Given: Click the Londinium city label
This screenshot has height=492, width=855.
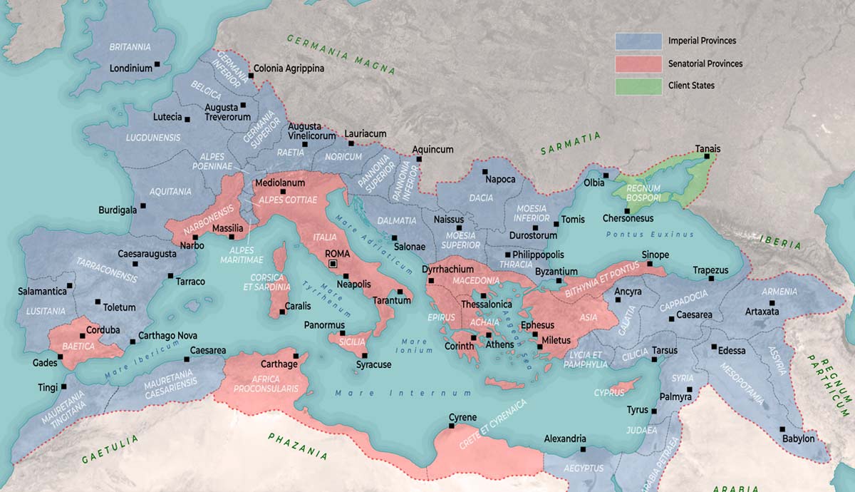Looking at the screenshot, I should click(131, 68).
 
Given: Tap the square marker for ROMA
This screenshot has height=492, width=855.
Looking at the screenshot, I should click(333, 264).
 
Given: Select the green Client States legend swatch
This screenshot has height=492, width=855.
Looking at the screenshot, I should click(637, 86).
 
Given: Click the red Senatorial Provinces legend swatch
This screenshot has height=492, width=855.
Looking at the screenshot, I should click(637, 63).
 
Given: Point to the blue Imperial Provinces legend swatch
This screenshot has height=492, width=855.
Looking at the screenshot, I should click(637, 41).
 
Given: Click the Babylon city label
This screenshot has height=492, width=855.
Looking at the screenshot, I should click(798, 439).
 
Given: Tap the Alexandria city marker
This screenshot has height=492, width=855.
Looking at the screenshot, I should click(583, 449).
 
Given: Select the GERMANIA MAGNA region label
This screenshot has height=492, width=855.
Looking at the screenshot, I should click(341, 53).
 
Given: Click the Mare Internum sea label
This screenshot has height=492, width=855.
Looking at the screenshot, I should click(403, 393).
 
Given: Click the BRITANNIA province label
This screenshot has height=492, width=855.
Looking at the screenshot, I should click(130, 47).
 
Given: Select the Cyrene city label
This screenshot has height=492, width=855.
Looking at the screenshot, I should click(462, 418).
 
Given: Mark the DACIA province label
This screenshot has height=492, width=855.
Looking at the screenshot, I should click(481, 197).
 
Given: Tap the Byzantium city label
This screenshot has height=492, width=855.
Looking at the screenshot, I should click(556, 272).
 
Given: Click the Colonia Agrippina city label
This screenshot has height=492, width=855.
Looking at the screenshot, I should click(289, 68).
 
